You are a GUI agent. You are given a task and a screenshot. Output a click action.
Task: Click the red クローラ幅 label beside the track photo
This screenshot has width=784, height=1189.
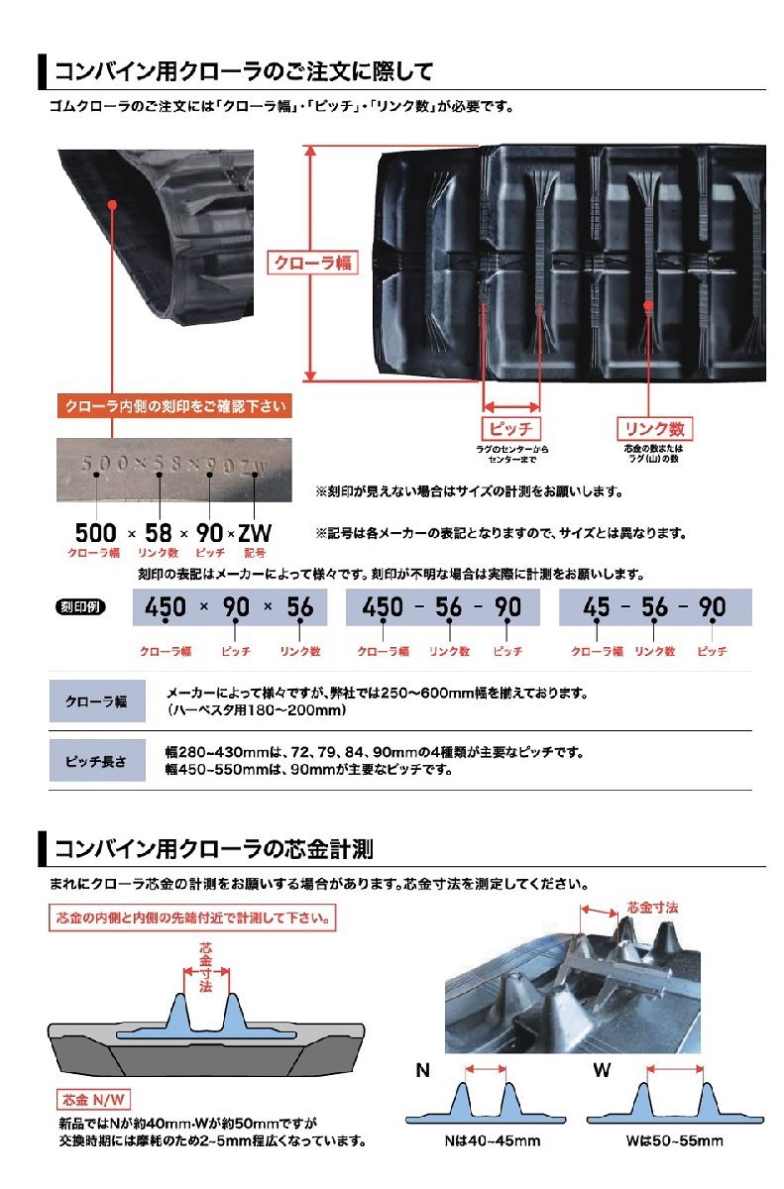pyautogui.click(x=310, y=263)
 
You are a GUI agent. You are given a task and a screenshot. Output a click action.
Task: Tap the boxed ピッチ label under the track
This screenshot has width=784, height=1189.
pyautogui.click(x=510, y=429)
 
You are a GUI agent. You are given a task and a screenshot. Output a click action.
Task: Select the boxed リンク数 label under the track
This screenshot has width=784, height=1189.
pyautogui.click(x=653, y=429)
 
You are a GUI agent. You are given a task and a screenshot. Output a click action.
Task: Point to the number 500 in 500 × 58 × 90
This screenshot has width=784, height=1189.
pyautogui.click(x=95, y=532)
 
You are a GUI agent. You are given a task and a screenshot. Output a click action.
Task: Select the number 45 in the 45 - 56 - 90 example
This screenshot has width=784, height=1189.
pyautogui.click(x=597, y=606)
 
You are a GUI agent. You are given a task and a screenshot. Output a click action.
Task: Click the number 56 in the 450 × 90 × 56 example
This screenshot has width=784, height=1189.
pyautogui.click(x=299, y=606)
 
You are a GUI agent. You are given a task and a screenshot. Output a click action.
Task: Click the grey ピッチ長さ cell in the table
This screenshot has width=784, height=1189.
pyautogui.click(x=96, y=760)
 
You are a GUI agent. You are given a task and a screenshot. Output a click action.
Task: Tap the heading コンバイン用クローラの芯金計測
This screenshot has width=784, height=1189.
pyautogui.click(x=213, y=849)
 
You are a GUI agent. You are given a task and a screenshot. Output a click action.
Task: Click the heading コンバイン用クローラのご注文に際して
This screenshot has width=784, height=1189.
pyautogui.click(x=243, y=72)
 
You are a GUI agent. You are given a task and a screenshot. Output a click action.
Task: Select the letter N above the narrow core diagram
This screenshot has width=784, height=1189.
pyautogui.click(x=423, y=1071)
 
